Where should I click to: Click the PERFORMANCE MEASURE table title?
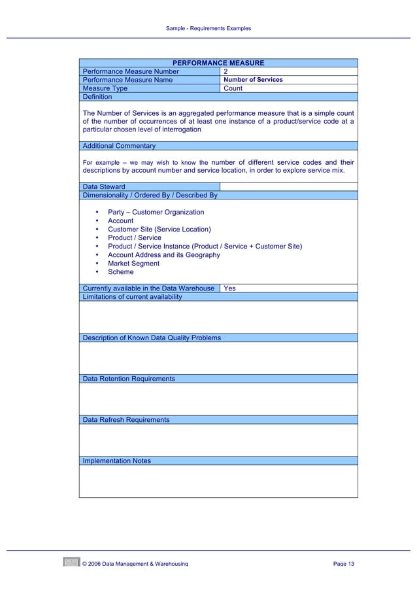click(x=218, y=63)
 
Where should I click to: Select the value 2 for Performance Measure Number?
click(x=226, y=71)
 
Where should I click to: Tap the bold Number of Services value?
click(x=254, y=80)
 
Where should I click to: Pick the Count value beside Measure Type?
click(x=233, y=88)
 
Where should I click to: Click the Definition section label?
click(x=97, y=97)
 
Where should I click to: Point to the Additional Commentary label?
click(x=119, y=146)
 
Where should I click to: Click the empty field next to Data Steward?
click(x=288, y=186)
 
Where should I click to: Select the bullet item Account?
click(x=120, y=221)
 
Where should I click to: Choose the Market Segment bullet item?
click(x=133, y=264)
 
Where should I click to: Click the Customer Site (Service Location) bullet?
click(x=159, y=230)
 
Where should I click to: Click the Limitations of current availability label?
click(x=132, y=297)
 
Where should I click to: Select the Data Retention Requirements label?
click(x=128, y=379)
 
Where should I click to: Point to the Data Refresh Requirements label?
click(x=125, y=420)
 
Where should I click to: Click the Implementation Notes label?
click(x=116, y=461)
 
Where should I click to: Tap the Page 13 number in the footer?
click(x=343, y=564)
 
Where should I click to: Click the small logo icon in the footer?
click(x=71, y=562)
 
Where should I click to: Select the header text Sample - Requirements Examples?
click(x=208, y=29)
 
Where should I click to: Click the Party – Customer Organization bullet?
click(x=156, y=213)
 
